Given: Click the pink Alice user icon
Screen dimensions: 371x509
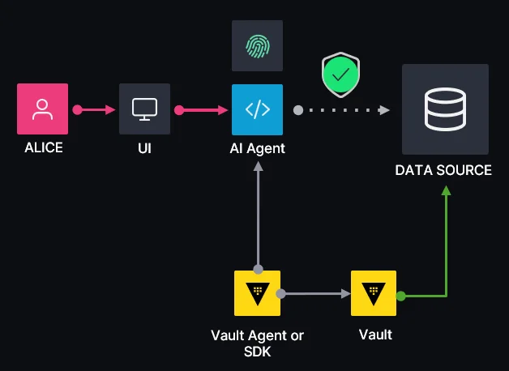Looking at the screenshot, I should (x=42, y=109).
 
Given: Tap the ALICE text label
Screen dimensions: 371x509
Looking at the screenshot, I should (x=42, y=148).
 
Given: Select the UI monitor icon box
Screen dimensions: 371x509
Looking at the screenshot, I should (x=144, y=109).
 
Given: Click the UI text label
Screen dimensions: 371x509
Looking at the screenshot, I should (x=144, y=148).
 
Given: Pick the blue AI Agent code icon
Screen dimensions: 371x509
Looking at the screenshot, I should (x=257, y=109).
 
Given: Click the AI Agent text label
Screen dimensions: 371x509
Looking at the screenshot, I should (x=257, y=149).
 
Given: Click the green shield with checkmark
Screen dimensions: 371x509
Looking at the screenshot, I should (x=341, y=76).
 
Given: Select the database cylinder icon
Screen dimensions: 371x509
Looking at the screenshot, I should (x=445, y=109).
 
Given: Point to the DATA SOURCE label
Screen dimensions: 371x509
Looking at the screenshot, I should (x=443, y=170).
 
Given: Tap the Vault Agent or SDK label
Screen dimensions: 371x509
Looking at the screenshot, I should (x=257, y=343).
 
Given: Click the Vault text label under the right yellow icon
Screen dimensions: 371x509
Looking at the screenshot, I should (x=374, y=335).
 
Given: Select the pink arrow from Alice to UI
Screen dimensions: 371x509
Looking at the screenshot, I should (x=96, y=109).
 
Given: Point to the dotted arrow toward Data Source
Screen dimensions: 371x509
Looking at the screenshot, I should (x=340, y=109).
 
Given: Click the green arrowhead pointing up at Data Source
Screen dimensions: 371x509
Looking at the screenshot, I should (x=445, y=191).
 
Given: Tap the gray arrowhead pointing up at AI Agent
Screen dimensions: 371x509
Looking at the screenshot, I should (x=257, y=168).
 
